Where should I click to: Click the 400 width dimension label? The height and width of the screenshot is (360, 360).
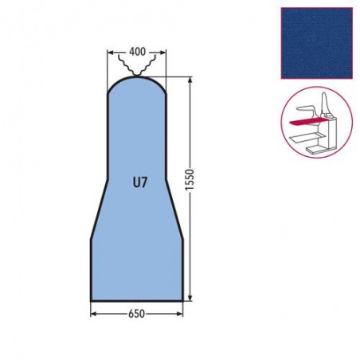137,52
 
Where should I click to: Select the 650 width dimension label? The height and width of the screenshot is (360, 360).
137,314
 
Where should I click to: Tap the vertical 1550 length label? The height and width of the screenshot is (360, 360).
190,180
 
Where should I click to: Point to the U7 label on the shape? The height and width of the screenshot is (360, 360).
140,182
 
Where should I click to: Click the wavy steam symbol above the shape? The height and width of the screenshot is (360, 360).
137,66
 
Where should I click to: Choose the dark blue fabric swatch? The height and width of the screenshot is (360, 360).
317,43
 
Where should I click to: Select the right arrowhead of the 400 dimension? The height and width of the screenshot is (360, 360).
163,53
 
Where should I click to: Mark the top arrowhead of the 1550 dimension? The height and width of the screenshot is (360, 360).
190,80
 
